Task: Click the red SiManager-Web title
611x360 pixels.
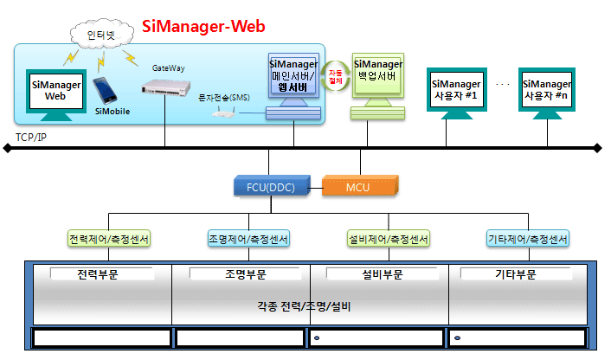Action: point(203,26)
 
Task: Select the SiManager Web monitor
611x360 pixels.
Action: point(55,91)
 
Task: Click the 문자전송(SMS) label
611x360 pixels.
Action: point(223,97)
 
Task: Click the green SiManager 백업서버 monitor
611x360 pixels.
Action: point(377,76)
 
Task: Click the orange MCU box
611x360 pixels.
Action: point(357,185)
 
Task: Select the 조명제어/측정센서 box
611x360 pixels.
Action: point(248,239)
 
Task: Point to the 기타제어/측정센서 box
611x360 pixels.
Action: point(528,239)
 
